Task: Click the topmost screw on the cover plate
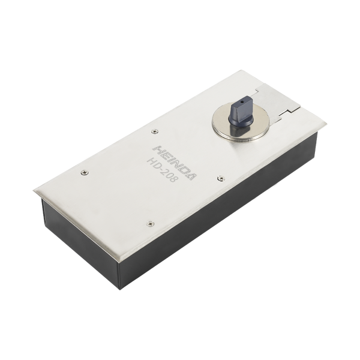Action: point(155,131)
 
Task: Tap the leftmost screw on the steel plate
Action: point(85,172)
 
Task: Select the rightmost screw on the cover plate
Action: point(221,178)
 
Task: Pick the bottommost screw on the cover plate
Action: point(151,223)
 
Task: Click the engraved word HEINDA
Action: point(175,163)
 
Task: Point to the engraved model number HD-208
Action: point(163,170)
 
